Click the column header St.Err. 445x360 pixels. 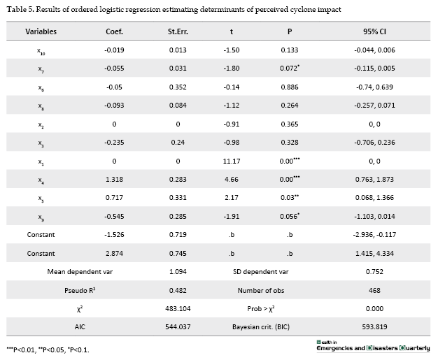(178, 31)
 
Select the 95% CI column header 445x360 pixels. (374, 31)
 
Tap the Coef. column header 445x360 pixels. (114, 31)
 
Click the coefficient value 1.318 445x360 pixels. (114, 180)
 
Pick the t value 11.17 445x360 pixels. (232, 161)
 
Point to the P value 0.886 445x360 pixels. (290, 87)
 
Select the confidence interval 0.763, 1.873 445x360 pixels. (374, 180)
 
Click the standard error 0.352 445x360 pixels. (178, 87)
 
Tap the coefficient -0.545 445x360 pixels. (114, 217)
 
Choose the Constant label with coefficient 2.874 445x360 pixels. (41, 254)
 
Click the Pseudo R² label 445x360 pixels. (80, 291)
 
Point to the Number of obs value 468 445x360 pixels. (374, 291)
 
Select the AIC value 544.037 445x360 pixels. (178, 327)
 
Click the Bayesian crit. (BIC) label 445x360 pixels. (261, 327)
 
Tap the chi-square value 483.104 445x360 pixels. (178, 309)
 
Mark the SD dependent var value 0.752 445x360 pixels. (374, 271)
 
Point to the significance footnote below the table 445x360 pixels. (48, 350)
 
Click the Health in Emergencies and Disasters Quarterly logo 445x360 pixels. (373, 346)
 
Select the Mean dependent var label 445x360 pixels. (80, 271)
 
